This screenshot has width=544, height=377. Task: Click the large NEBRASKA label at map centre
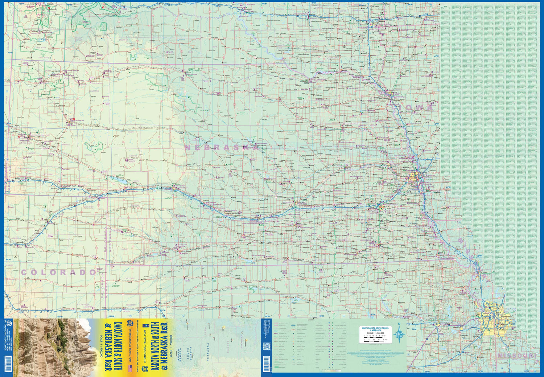click(222, 147)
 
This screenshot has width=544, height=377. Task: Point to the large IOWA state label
click(420, 107)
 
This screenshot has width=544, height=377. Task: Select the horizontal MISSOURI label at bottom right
click(516, 356)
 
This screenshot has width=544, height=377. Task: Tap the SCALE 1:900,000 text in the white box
click(375, 333)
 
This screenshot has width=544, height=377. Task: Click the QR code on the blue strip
click(267, 346)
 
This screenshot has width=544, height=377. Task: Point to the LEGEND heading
click(310, 320)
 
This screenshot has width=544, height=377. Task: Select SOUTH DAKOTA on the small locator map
click(188, 353)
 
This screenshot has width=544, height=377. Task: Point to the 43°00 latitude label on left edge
click(10, 53)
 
